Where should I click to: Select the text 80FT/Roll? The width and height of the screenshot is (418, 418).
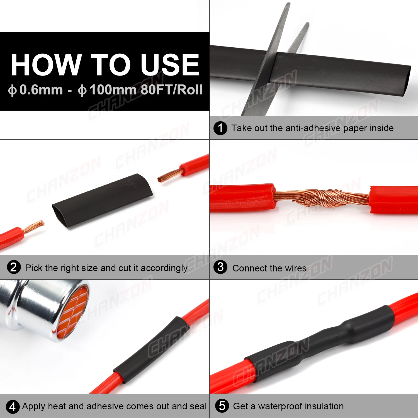point(172,90)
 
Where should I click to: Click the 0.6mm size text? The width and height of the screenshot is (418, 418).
point(41,90)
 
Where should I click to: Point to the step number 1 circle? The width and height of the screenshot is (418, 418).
point(220,128)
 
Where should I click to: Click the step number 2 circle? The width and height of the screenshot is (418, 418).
point(14,267)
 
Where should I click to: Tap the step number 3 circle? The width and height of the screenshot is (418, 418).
point(220,267)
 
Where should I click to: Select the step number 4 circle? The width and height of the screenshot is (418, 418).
point(13,407)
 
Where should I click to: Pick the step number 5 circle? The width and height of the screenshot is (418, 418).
point(222,406)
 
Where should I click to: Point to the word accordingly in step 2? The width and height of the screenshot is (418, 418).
point(164,268)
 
